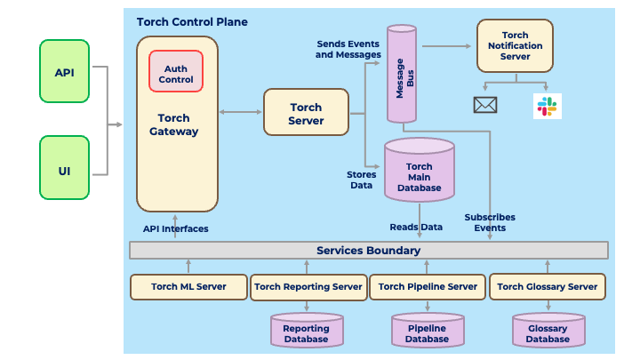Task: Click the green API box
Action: [64, 71]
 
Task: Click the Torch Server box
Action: [306, 114]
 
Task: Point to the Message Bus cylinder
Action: [402, 75]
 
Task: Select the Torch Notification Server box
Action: [515, 46]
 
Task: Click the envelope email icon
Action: [484, 105]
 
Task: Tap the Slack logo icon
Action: [547, 105]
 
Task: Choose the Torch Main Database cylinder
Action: [419, 171]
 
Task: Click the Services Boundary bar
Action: [369, 251]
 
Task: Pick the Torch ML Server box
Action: [188, 287]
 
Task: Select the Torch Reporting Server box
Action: [308, 287]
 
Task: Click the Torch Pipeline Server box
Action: [428, 287]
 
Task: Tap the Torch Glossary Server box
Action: [548, 287]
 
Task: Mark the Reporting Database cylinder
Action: [306, 332]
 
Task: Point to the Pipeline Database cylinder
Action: [427, 332]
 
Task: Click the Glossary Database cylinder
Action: [548, 332]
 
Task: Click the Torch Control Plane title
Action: [192, 21]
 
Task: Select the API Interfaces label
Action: [176, 229]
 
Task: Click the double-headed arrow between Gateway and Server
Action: [241, 112]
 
